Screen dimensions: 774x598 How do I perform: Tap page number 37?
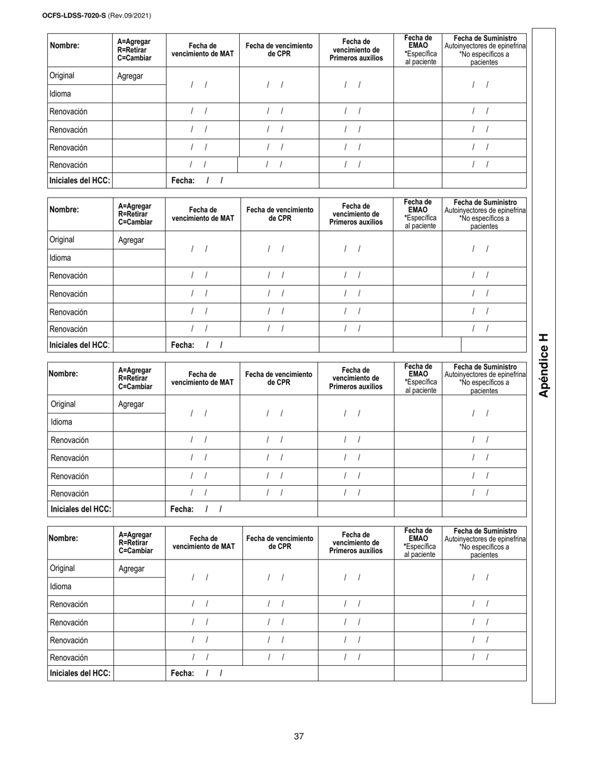click(299, 736)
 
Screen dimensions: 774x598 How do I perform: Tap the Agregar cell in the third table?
click(131, 404)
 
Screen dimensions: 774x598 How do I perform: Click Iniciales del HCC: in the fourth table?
click(80, 673)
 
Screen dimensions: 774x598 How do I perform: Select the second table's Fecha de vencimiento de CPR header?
click(279, 214)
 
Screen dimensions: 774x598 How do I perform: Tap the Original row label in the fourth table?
click(62, 568)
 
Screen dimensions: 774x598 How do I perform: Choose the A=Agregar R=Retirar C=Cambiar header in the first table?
click(135, 50)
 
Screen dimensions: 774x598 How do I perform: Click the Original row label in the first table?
click(62, 76)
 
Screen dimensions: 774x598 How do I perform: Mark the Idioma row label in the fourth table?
click(60, 586)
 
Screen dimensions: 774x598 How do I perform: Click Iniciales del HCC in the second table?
click(79, 344)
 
